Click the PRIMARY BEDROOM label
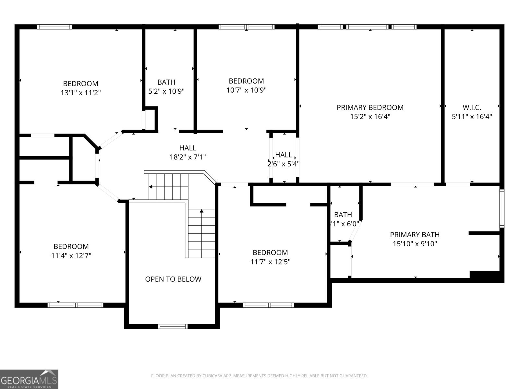pos(370,107)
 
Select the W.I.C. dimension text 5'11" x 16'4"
pos(472,117)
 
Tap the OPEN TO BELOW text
pos(173,279)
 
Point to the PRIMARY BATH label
pos(415,235)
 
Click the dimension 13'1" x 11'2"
pos(80,93)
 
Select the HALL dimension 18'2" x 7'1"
pos(187,157)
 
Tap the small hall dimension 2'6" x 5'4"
pos(283,164)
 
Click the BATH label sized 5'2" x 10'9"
pos(166,82)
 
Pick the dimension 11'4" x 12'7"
pos(71,256)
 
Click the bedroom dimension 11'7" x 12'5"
pos(270,262)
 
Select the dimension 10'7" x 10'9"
pos(246,90)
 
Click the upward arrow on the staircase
pos(201,211)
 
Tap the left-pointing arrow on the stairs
pos(151,187)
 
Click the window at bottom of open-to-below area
pos(173,326)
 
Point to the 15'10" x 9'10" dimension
pos(415,244)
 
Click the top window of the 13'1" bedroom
pos(54,27)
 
